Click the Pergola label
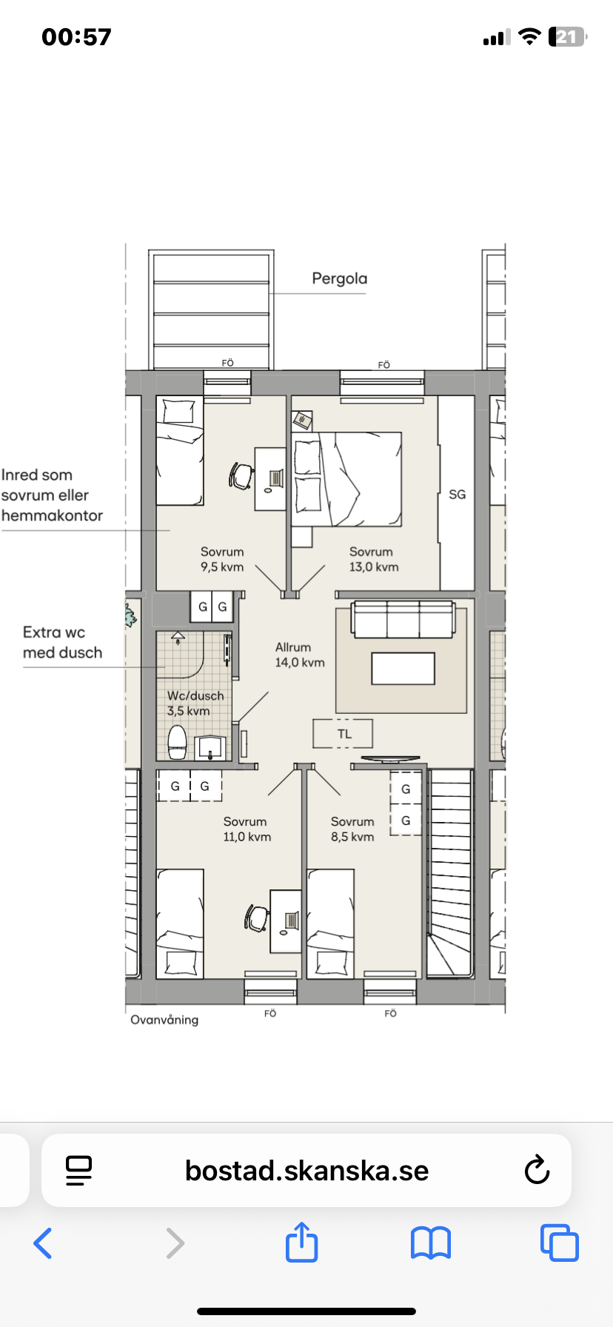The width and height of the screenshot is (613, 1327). [x=339, y=279]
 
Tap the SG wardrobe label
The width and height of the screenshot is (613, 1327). [x=458, y=495]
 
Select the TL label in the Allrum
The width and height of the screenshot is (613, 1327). [x=344, y=734]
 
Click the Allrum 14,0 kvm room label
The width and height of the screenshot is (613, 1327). [x=300, y=655]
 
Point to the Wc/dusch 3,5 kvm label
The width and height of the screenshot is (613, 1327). [x=195, y=703]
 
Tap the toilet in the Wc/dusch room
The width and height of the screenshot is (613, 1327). [x=177, y=742]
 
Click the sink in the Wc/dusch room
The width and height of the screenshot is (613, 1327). [x=210, y=747]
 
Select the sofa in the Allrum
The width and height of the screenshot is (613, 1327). [x=403, y=619]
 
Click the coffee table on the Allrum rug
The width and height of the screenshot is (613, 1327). [x=403, y=668]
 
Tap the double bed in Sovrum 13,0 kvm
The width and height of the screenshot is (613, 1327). [x=347, y=479]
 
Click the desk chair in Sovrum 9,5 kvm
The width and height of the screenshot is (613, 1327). [x=241, y=475]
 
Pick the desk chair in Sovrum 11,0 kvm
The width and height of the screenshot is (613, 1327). [x=256, y=918]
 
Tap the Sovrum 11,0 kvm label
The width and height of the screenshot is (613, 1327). [x=247, y=829]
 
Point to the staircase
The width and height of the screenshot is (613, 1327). [x=450, y=873]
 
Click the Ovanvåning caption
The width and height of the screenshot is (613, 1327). [x=164, y=1020]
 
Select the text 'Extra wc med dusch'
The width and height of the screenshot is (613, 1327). [x=62, y=642]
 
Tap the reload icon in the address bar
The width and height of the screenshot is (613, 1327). [x=537, y=1171]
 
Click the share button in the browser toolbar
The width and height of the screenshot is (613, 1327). [x=301, y=1242]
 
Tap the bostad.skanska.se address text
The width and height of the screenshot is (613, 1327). [x=306, y=1171]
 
